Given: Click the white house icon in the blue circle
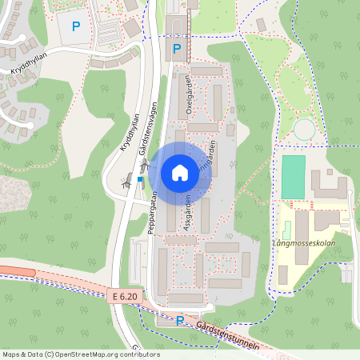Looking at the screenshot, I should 179,172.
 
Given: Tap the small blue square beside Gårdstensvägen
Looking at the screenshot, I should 140,180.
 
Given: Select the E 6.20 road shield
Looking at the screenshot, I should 125,296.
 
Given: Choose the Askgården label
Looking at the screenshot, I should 186,214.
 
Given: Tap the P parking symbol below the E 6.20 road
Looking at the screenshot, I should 180,320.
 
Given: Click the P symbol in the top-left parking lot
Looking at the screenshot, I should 76,26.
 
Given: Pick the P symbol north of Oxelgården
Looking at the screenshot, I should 177,50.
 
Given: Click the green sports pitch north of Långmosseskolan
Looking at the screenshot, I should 294,177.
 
